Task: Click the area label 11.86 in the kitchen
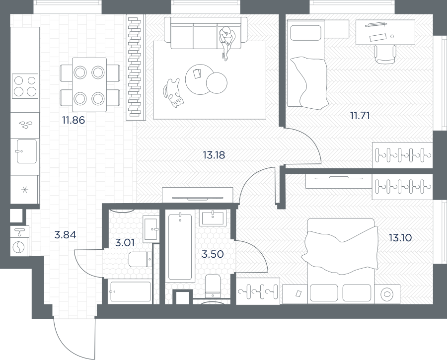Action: coord(74,120)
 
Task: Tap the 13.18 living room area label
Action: coord(214,155)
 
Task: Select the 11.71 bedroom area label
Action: coord(360,116)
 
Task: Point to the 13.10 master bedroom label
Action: coord(400,238)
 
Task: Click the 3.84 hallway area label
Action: coord(65,235)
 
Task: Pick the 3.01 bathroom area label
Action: coord(125,243)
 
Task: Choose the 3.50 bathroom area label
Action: coord(213,254)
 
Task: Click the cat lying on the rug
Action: coord(173,93)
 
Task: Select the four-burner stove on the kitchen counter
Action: coord(25,86)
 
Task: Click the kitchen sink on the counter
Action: coord(26,151)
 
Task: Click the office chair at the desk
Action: coord(385,55)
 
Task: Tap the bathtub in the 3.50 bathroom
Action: coord(180,247)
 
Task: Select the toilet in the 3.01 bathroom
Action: coord(141,259)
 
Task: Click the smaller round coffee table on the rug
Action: coord(217,83)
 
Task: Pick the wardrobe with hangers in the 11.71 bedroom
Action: coord(402,155)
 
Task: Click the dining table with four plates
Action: coord(89,85)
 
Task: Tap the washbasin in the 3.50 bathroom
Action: coord(213,218)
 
